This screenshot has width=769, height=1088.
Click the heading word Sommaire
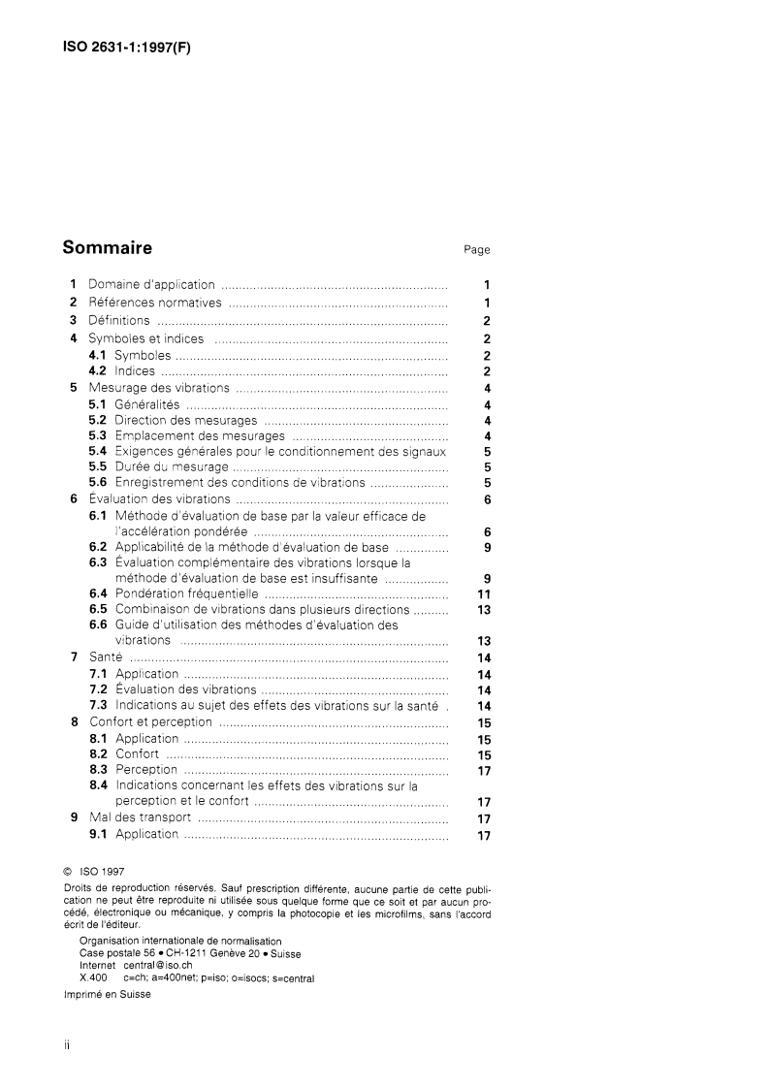point(107,247)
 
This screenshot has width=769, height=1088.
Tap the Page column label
point(476,250)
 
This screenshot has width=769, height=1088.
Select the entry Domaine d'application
point(151,285)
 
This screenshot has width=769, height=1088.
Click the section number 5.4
point(97,451)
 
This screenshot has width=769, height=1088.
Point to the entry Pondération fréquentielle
point(186,593)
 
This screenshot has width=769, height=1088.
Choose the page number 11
point(486,593)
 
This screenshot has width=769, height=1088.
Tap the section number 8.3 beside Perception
point(98,770)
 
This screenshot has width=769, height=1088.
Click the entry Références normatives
point(155,303)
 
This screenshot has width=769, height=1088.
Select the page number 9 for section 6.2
point(488,547)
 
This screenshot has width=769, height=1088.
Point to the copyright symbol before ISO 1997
point(67,871)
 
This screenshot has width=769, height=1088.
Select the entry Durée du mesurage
point(172,467)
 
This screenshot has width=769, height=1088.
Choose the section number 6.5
point(98,609)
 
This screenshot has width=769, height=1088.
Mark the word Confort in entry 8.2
point(137,753)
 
